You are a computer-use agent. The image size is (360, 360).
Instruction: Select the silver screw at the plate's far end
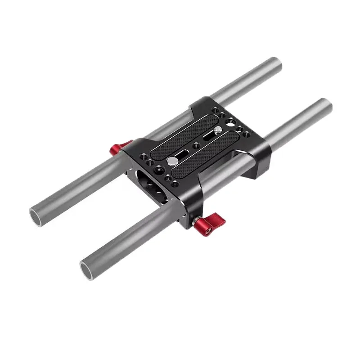(x=218, y=130)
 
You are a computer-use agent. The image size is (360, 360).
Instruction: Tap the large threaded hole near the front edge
(x=158, y=171)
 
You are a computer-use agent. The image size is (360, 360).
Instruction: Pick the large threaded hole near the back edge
(x=231, y=121)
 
